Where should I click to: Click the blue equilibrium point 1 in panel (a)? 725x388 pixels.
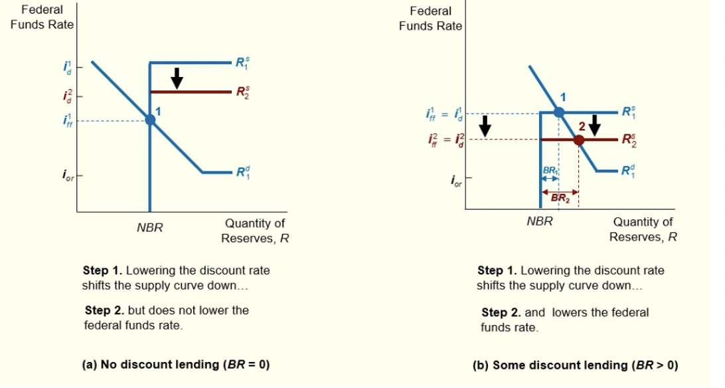(x=150, y=120)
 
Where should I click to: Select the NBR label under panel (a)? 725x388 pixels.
(x=150, y=228)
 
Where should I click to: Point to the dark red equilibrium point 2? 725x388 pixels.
(x=579, y=140)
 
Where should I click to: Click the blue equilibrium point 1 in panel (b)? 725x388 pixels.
(x=559, y=112)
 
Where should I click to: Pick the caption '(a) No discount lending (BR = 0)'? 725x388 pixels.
(x=176, y=364)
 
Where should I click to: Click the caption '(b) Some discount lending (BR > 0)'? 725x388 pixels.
(x=575, y=365)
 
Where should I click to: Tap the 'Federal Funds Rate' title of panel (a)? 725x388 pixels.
(x=42, y=17)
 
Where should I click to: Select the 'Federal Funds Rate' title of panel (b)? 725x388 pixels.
(x=430, y=19)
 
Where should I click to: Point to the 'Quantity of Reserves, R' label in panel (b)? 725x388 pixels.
(x=643, y=229)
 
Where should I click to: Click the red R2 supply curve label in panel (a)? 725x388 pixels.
(x=243, y=92)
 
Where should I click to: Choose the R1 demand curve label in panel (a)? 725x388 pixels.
(x=243, y=172)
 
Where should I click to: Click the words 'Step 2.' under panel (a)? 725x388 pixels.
(x=103, y=310)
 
